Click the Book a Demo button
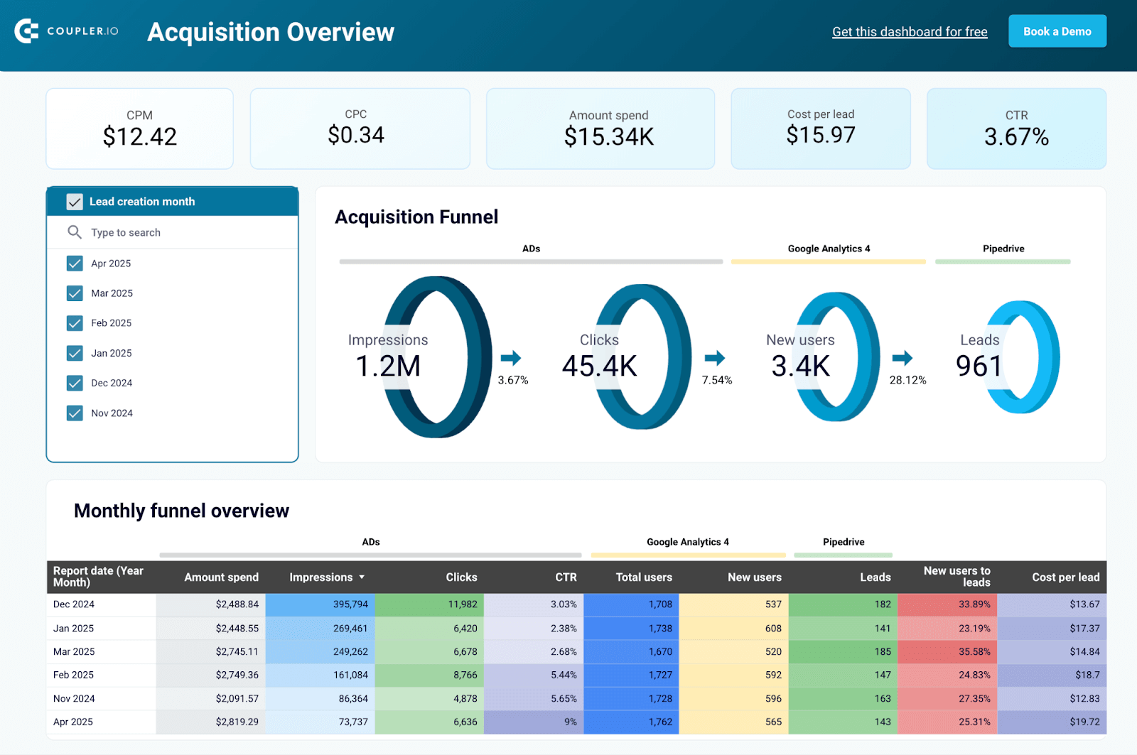(x=1057, y=31)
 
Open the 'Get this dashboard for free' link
(x=910, y=32)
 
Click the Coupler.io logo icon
(x=27, y=31)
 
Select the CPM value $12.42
(x=140, y=136)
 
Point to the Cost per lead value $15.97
(x=820, y=135)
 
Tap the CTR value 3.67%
(x=1016, y=136)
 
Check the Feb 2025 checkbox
(x=75, y=323)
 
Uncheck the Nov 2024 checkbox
(x=75, y=413)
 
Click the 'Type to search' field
(x=171, y=232)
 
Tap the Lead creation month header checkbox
(x=75, y=202)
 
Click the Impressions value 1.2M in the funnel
(x=388, y=366)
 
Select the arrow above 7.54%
(x=715, y=357)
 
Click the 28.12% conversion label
(x=907, y=380)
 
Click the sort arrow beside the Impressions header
(x=362, y=577)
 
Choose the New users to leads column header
(x=957, y=576)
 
